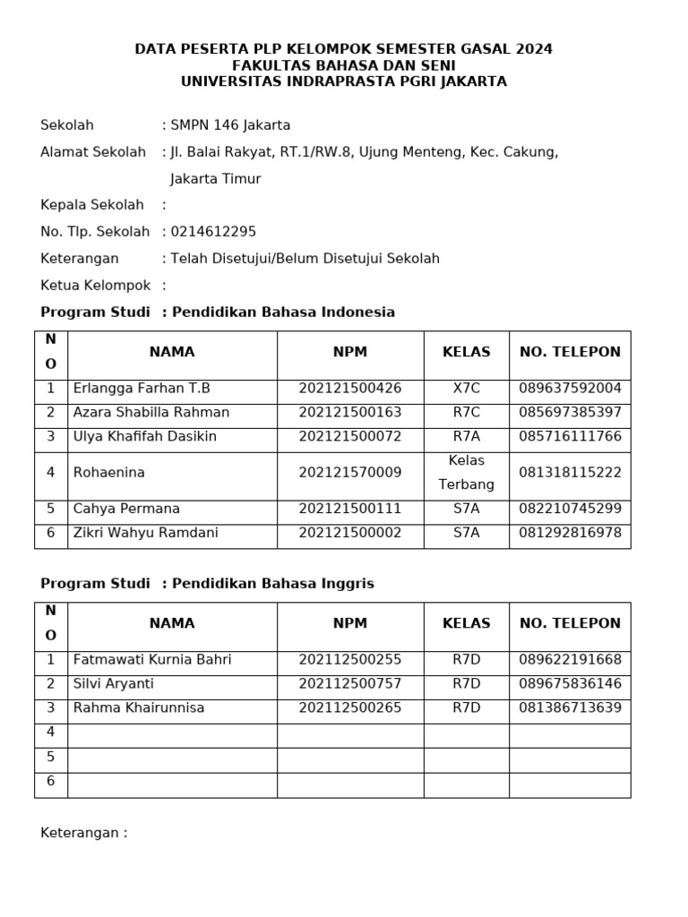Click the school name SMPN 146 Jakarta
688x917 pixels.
tap(230, 125)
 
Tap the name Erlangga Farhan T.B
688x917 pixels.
tap(142, 389)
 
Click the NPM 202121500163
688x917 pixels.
tap(350, 413)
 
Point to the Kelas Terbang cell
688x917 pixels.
tap(466, 473)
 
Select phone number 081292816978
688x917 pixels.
tap(570, 533)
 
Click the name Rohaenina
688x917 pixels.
tap(108, 473)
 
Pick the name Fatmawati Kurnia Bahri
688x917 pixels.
tap(152, 660)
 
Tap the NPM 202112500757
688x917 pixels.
tap(350, 684)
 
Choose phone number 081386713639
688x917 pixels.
tap(570, 708)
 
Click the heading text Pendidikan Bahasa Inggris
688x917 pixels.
tap(272, 584)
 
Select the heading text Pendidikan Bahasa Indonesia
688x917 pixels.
tap(283, 313)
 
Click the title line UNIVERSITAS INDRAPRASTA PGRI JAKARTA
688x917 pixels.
tap(344, 81)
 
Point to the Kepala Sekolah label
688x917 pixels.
tap(92, 205)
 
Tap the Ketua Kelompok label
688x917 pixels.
tap(95, 286)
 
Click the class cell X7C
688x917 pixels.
tap(466, 389)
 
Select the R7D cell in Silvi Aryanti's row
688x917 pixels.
tap(466, 684)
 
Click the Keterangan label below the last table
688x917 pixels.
tap(83, 833)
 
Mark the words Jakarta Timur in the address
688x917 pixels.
tap(215, 179)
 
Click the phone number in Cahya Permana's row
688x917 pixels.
tap(570, 509)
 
